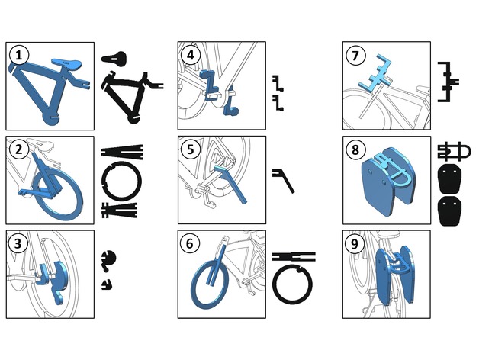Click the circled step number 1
pyautogui.click(x=19, y=56)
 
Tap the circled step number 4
pyautogui.click(x=191, y=56)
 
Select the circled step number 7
pyautogui.click(x=355, y=56)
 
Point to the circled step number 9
pyautogui.click(x=355, y=244)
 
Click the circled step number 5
pyautogui.click(x=191, y=149)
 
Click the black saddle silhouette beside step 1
pyautogui.click(x=114, y=58)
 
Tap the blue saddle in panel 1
pyautogui.click(x=66, y=63)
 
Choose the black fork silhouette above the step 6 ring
pyautogui.click(x=294, y=257)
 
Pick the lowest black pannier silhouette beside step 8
pyautogui.click(x=450, y=211)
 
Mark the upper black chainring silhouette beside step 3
pyautogui.click(x=109, y=259)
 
